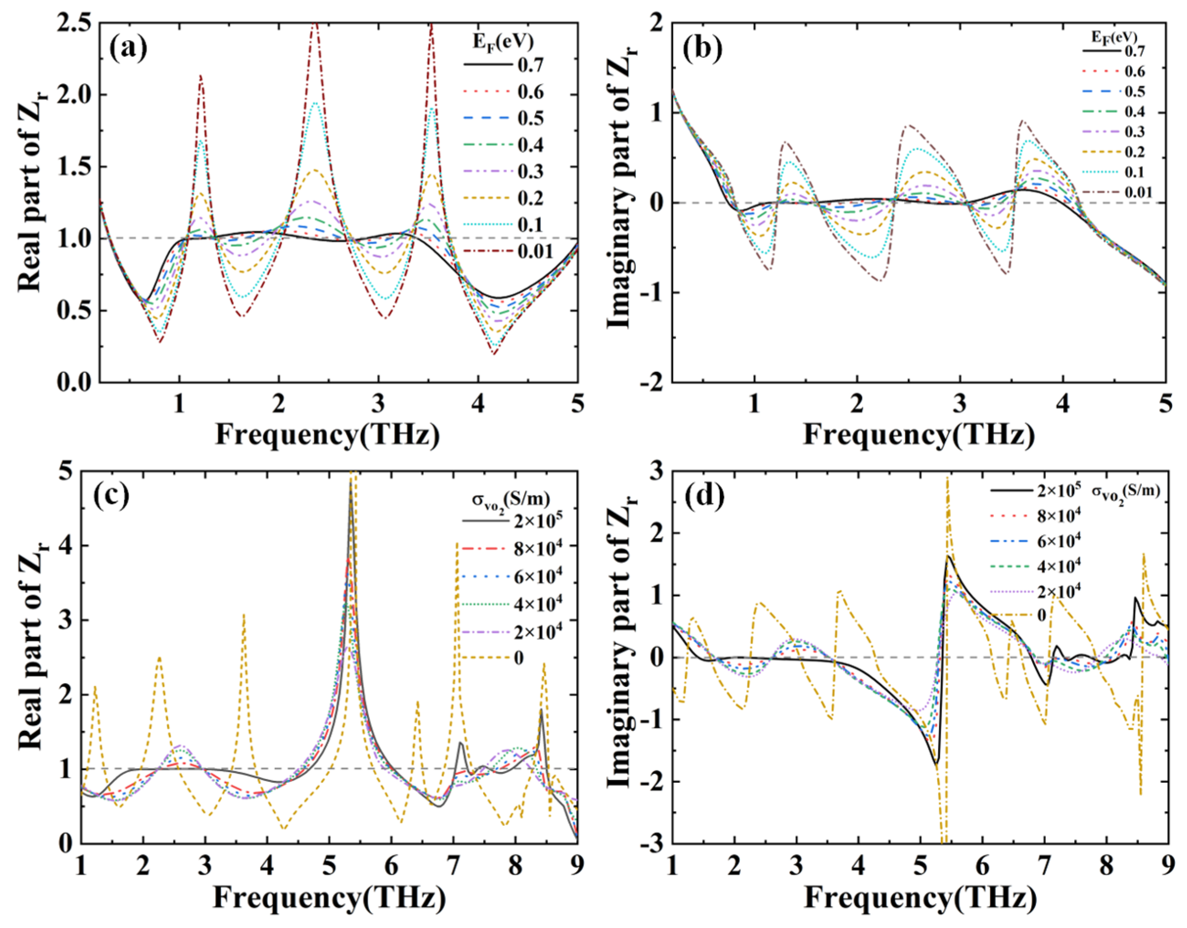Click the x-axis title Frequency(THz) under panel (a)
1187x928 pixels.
[327, 435]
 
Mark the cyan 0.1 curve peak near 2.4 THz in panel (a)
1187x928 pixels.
[315, 103]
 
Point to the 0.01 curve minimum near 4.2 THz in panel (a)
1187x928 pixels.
[494, 355]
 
